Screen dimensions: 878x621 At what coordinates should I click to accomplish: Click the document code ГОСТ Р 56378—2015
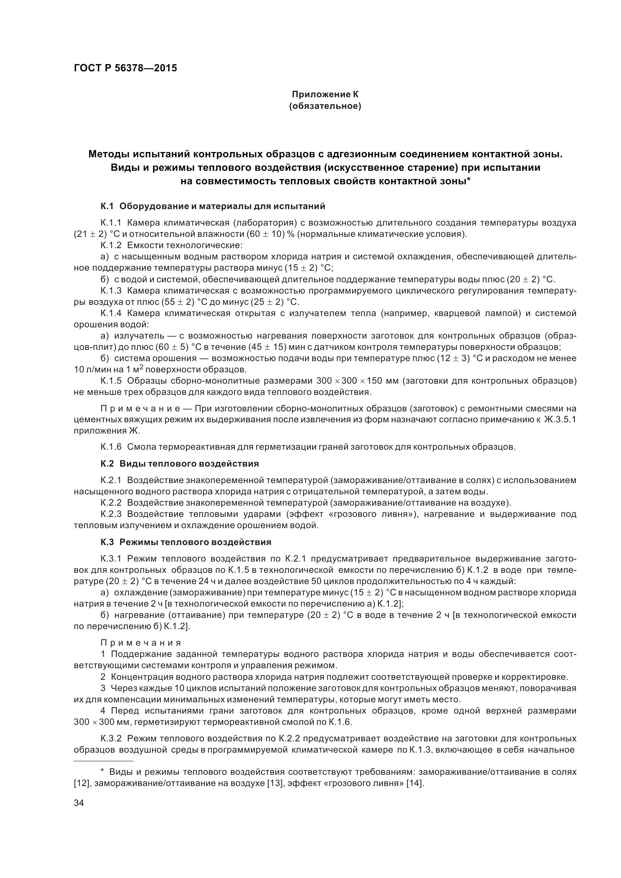[x=125, y=68]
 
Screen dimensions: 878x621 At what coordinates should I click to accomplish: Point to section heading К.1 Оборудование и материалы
[x=213, y=206]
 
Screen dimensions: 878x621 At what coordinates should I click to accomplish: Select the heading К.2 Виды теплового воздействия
[x=180, y=464]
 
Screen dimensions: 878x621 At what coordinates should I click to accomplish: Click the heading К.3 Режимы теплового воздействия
[x=186, y=542]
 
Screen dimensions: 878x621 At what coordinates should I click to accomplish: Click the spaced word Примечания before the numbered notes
[x=141, y=643]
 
